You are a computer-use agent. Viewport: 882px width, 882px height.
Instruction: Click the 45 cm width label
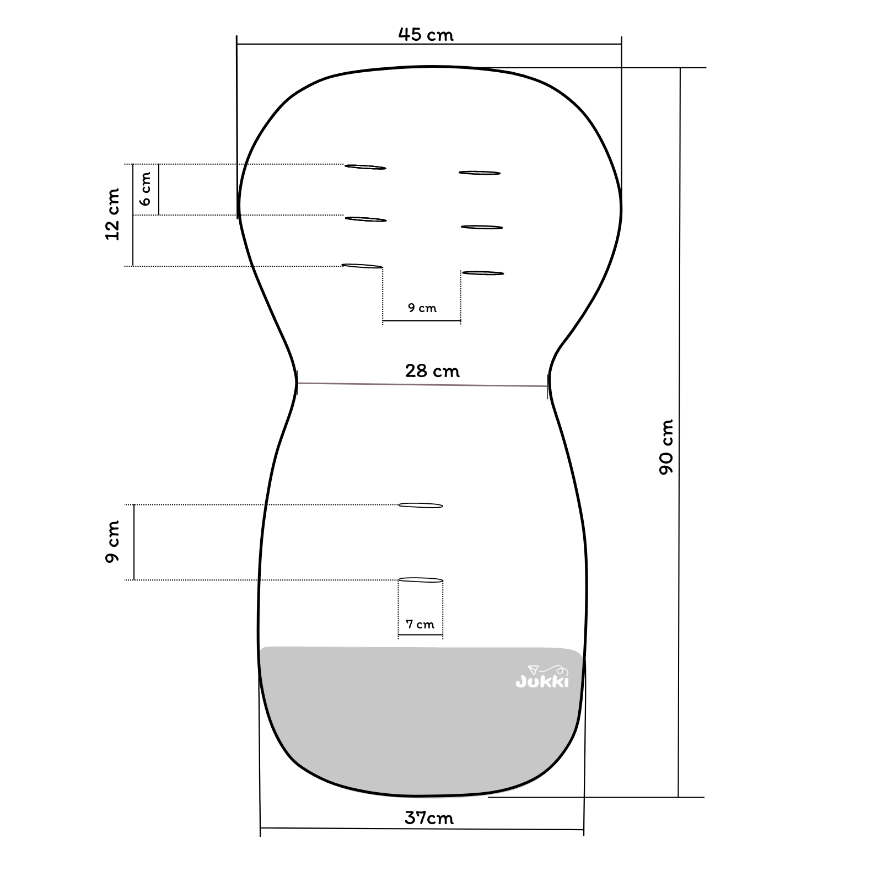[x=426, y=35]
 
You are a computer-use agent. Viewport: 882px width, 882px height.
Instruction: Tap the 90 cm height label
[x=666, y=447]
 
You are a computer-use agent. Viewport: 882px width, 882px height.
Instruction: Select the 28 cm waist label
[x=432, y=370]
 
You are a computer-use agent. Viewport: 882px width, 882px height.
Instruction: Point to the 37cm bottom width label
[x=429, y=818]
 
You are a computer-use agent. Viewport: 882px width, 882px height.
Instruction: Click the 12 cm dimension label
[x=112, y=214]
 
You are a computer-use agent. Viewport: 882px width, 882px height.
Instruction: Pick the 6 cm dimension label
[x=145, y=189]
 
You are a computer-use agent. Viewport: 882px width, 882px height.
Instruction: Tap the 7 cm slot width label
[x=420, y=624]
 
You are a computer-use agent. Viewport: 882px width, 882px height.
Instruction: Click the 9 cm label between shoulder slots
[x=422, y=308]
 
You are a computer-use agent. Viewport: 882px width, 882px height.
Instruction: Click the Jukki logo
[x=542, y=677]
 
